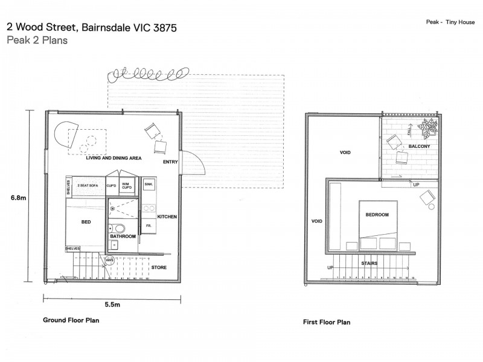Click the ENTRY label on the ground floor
tap(170, 162)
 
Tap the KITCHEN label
tap(167, 216)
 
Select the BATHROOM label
tap(124, 237)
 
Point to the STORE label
tap(159, 267)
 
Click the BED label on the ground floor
tap(86, 222)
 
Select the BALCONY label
tap(419, 147)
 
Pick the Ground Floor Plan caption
tap(71, 320)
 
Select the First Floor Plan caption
tap(326, 322)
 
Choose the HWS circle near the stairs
tap(109, 261)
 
